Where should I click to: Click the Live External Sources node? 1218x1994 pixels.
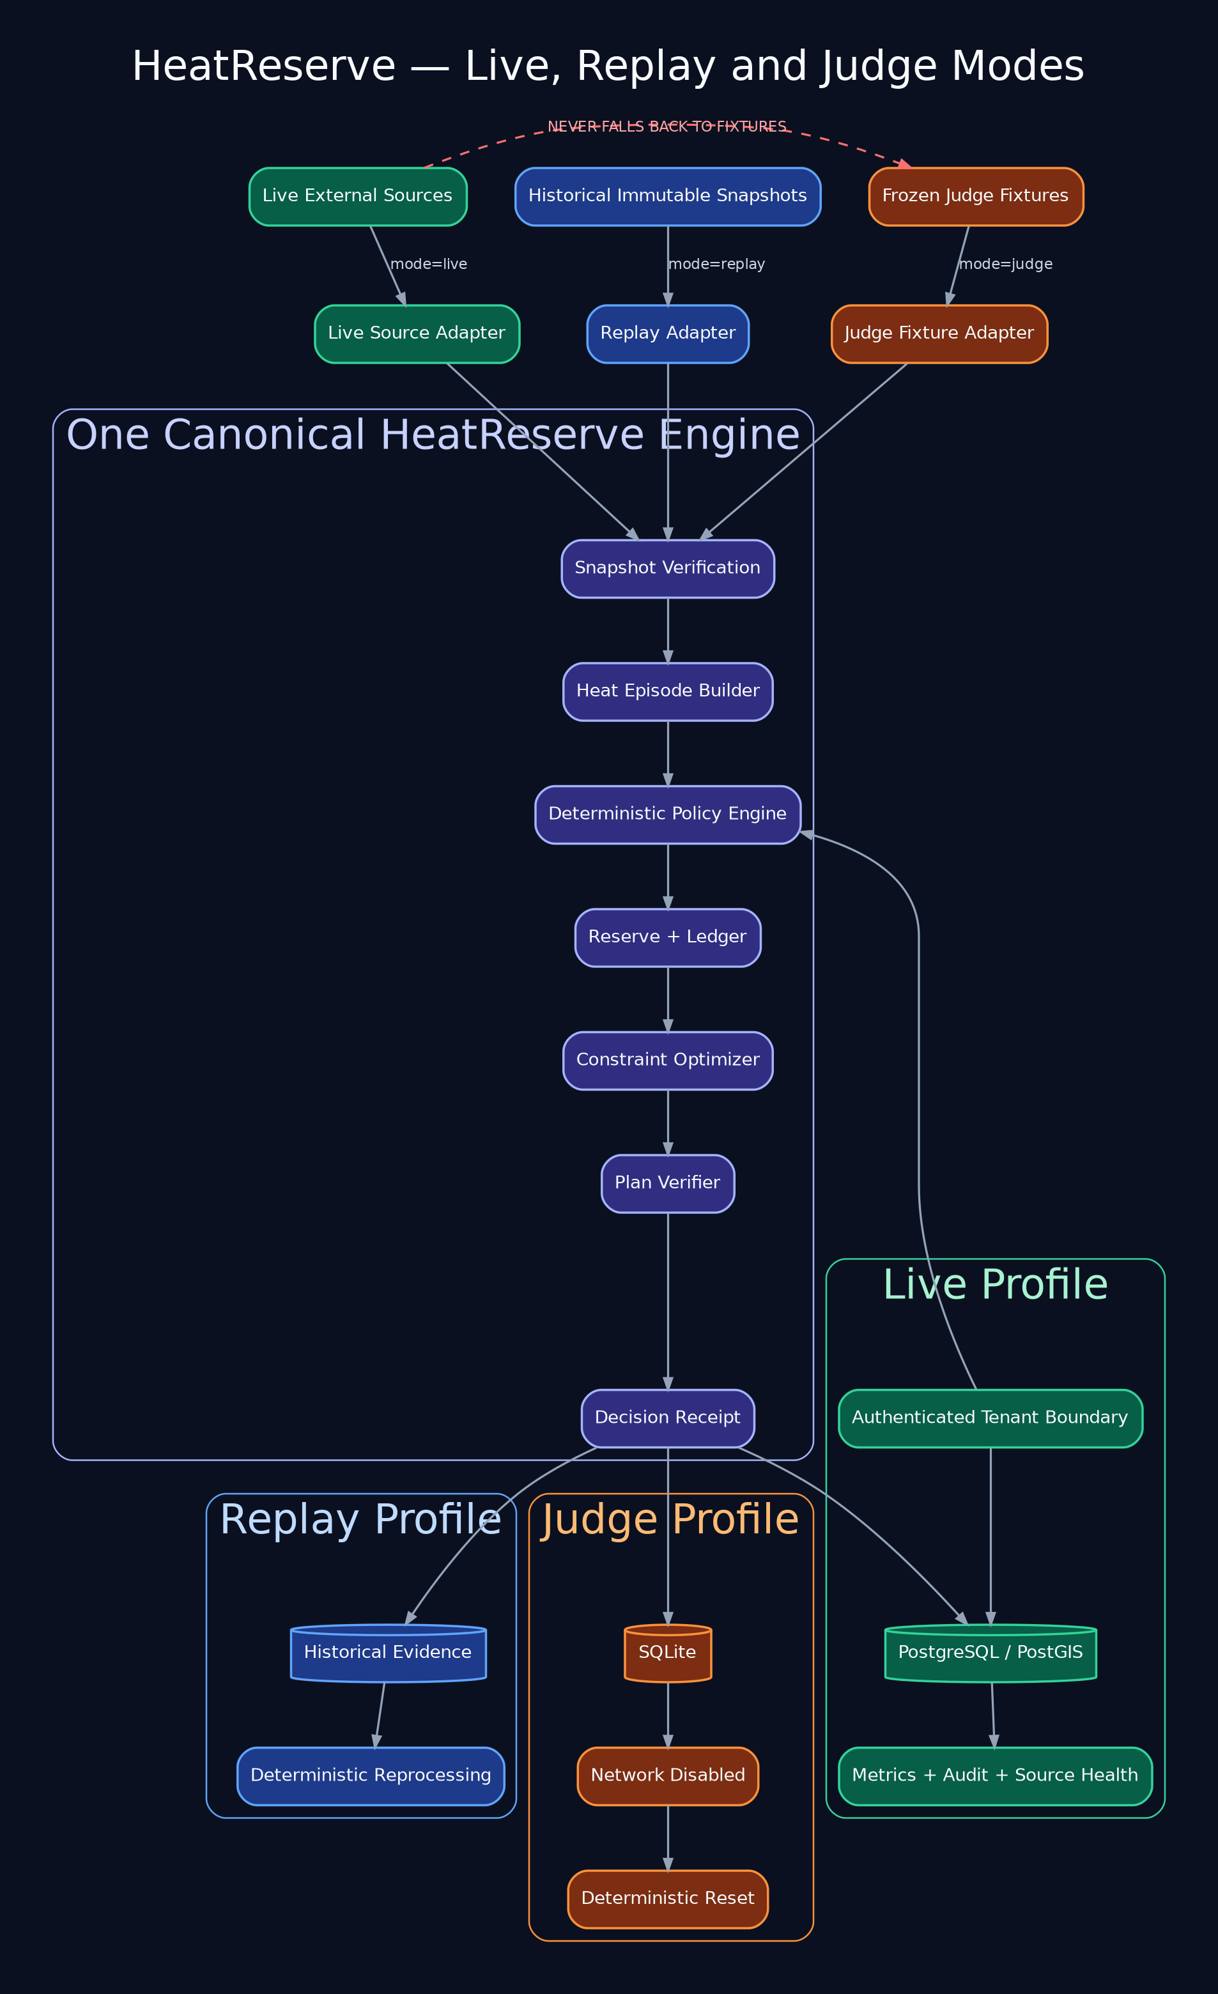(x=358, y=197)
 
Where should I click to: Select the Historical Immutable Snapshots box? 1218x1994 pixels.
(x=668, y=197)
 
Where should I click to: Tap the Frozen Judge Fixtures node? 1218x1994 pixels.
(x=976, y=197)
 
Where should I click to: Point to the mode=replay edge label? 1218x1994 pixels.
(x=717, y=264)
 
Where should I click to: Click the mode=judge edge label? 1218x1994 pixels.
(x=1006, y=264)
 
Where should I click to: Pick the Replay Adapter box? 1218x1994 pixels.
(x=668, y=334)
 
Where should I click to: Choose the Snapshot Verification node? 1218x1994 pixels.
(x=668, y=569)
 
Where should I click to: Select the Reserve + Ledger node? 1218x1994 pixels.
(x=668, y=938)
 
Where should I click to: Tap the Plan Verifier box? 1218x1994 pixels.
(x=668, y=1184)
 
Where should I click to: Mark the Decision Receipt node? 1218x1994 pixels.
(x=668, y=1418)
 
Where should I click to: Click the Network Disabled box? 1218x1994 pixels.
(x=668, y=1776)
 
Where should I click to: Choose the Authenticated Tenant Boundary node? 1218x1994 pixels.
(x=991, y=1418)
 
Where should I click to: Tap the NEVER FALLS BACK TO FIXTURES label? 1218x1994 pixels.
(x=667, y=127)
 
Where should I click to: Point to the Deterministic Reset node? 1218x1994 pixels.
(x=668, y=1899)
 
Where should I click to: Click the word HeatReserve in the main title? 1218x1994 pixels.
(x=264, y=66)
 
